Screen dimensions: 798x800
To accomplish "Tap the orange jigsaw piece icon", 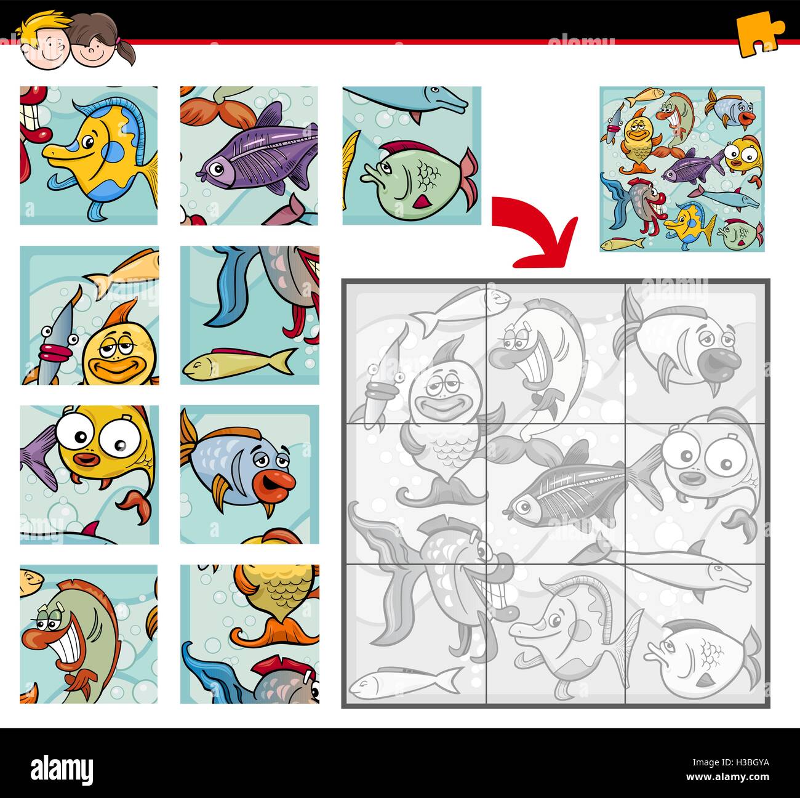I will point(761,37).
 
